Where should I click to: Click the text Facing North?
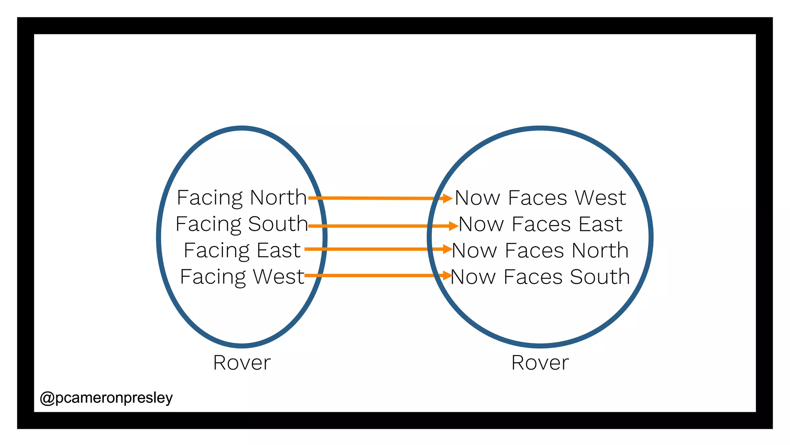tap(241, 198)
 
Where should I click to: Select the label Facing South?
tap(241, 224)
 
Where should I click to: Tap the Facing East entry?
tap(242, 250)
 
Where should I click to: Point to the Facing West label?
tap(242, 277)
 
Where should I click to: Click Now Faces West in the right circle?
tap(540, 198)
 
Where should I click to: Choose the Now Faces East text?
tap(540, 224)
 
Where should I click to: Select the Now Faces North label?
tap(540, 250)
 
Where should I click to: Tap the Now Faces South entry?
tap(540, 277)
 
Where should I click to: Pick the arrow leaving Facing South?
tap(378, 226)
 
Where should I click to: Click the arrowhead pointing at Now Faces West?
tap(447, 199)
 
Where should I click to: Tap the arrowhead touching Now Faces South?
tap(447, 275)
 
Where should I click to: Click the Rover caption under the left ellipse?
tap(242, 363)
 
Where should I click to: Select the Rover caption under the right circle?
tap(540, 363)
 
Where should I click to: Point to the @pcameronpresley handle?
tap(106, 397)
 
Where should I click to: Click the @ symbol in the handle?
tap(47, 398)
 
